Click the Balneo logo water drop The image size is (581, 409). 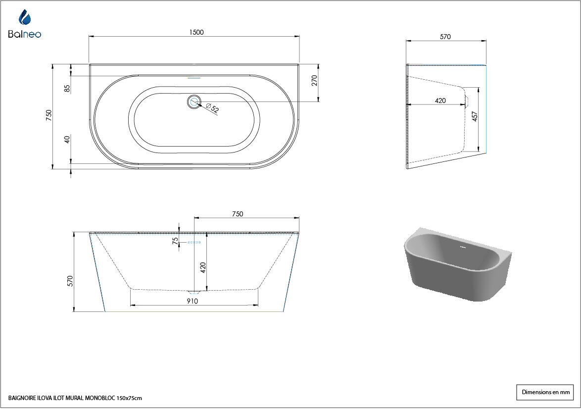24,17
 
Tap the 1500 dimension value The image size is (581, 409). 196,32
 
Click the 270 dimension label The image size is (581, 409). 315,81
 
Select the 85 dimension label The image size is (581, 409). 67,89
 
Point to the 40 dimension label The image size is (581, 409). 67,140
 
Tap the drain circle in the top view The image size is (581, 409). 194,101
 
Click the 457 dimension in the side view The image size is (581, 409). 475,116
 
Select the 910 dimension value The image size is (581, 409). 193,301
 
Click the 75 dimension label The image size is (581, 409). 175,241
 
